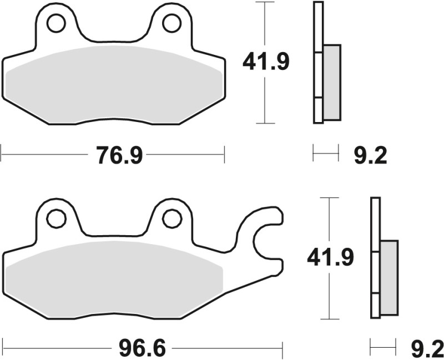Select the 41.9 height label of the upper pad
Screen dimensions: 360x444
tap(265, 62)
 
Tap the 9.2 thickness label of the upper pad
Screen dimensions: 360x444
tap(370, 156)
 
